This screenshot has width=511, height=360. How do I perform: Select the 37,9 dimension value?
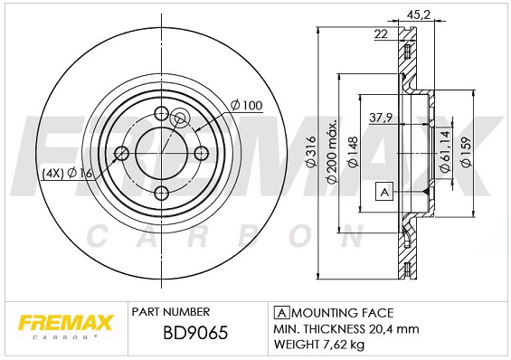(381, 116)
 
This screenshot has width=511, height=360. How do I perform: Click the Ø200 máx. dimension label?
(332, 152)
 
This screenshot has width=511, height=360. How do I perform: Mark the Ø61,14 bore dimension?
(443, 149)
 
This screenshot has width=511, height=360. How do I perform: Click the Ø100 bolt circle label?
(246, 106)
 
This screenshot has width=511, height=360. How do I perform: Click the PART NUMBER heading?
(171, 311)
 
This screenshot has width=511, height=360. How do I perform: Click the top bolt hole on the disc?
(163, 114)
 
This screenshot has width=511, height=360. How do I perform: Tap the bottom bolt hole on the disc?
(163, 192)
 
